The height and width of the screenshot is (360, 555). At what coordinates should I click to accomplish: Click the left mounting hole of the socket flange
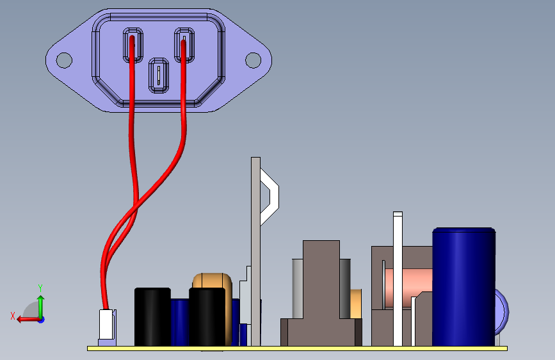pyautogui.click(x=64, y=60)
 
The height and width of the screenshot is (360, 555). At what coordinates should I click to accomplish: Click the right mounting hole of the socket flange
pyautogui.click(x=253, y=60)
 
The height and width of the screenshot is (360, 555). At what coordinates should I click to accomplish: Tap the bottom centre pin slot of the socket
pyautogui.click(x=158, y=76)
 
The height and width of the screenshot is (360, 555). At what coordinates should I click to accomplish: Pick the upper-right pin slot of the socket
pyautogui.click(x=184, y=45)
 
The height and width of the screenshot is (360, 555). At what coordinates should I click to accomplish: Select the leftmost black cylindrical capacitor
pyautogui.click(x=152, y=316)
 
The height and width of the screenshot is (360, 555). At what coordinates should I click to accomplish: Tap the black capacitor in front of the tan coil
pyautogui.click(x=207, y=316)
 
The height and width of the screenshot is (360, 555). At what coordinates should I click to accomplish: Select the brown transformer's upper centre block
pyautogui.click(x=321, y=279)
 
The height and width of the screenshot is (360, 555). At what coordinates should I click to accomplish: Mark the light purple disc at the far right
pyautogui.click(x=501, y=311)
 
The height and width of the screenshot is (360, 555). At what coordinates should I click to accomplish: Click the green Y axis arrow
pyautogui.click(x=40, y=304)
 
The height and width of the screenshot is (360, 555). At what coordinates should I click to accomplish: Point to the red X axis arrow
pyautogui.click(x=26, y=318)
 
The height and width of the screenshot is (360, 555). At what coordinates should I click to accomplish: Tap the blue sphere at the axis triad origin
pyautogui.click(x=40, y=319)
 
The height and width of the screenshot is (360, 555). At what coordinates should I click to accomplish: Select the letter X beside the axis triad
pyautogui.click(x=12, y=316)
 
